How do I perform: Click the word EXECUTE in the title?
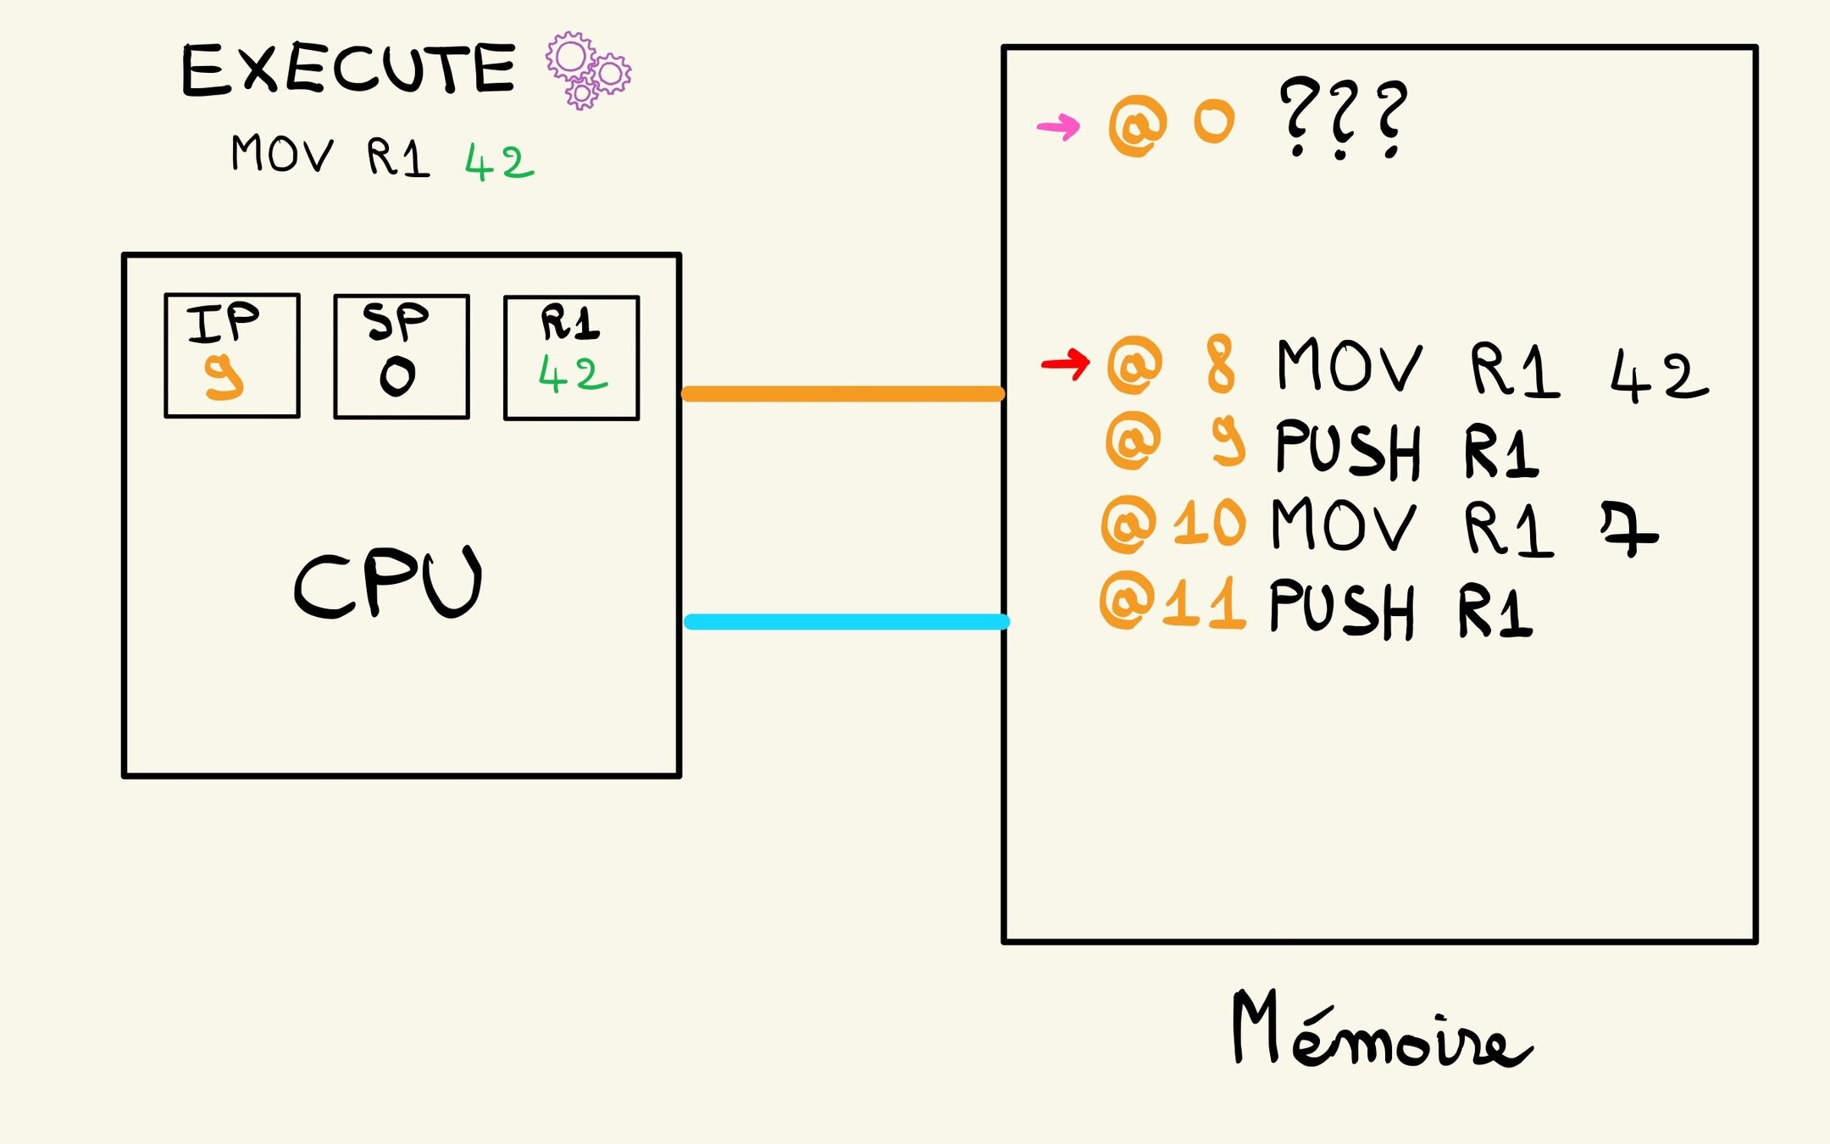[348, 69]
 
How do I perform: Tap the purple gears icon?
[588, 70]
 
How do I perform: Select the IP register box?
[232, 356]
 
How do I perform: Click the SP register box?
[402, 357]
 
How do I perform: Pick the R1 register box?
[572, 358]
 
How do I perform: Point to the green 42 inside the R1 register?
[573, 375]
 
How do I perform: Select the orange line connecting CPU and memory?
[843, 394]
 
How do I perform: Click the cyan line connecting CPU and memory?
[846, 622]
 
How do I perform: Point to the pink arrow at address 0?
[1058, 127]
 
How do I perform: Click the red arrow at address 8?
[1065, 364]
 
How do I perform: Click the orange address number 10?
[1210, 523]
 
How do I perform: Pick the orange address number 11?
[1204, 603]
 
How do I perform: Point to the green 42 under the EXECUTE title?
[499, 162]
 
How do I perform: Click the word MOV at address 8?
[1349, 366]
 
